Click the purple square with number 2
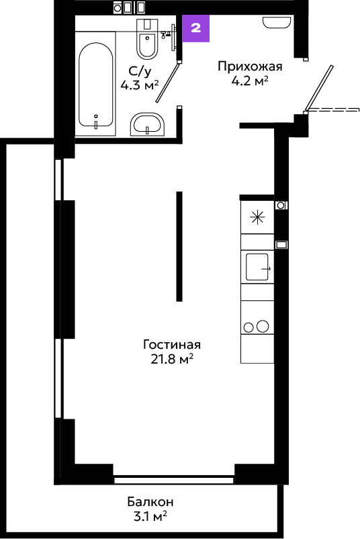[195, 28]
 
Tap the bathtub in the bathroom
[95, 85]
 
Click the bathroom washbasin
[147, 124]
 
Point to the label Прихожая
[250, 66]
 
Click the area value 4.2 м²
[250, 81]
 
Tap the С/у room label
[140, 71]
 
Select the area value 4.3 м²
[140, 85]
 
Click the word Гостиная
[172, 344]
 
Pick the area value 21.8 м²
[172, 359]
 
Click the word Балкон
[150, 502]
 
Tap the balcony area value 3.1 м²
[150, 516]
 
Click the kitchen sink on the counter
[257, 267]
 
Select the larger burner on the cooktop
[263, 326]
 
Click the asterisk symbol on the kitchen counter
[257, 218]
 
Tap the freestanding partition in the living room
[179, 246]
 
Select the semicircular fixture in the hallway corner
[277, 23]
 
